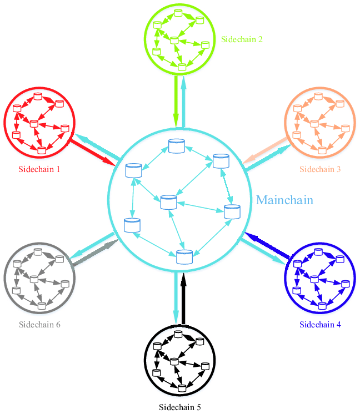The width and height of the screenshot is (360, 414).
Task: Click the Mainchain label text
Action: pos(284,200)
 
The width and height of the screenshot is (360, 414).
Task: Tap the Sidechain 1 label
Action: pos(39,169)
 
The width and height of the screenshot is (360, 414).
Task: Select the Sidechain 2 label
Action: pos(242,39)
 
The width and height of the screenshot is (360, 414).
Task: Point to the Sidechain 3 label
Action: pos(320,169)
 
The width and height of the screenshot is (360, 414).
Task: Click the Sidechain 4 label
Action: pos(320,325)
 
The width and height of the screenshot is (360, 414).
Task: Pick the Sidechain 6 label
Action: pos(39,325)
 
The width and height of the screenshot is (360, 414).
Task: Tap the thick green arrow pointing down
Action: pos(176,100)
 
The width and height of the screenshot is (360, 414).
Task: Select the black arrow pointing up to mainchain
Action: pos(184,300)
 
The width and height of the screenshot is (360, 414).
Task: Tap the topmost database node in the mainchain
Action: pos(177,146)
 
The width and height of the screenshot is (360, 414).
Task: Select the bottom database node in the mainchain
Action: pos(184,256)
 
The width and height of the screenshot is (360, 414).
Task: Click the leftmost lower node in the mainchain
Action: pos(132,225)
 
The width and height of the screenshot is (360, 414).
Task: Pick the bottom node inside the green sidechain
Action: pos(181,67)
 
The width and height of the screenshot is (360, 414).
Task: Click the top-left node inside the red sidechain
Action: pos(17,108)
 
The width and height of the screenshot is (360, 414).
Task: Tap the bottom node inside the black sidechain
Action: pos(181,388)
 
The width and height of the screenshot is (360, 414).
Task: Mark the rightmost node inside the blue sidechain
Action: pos(346,284)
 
